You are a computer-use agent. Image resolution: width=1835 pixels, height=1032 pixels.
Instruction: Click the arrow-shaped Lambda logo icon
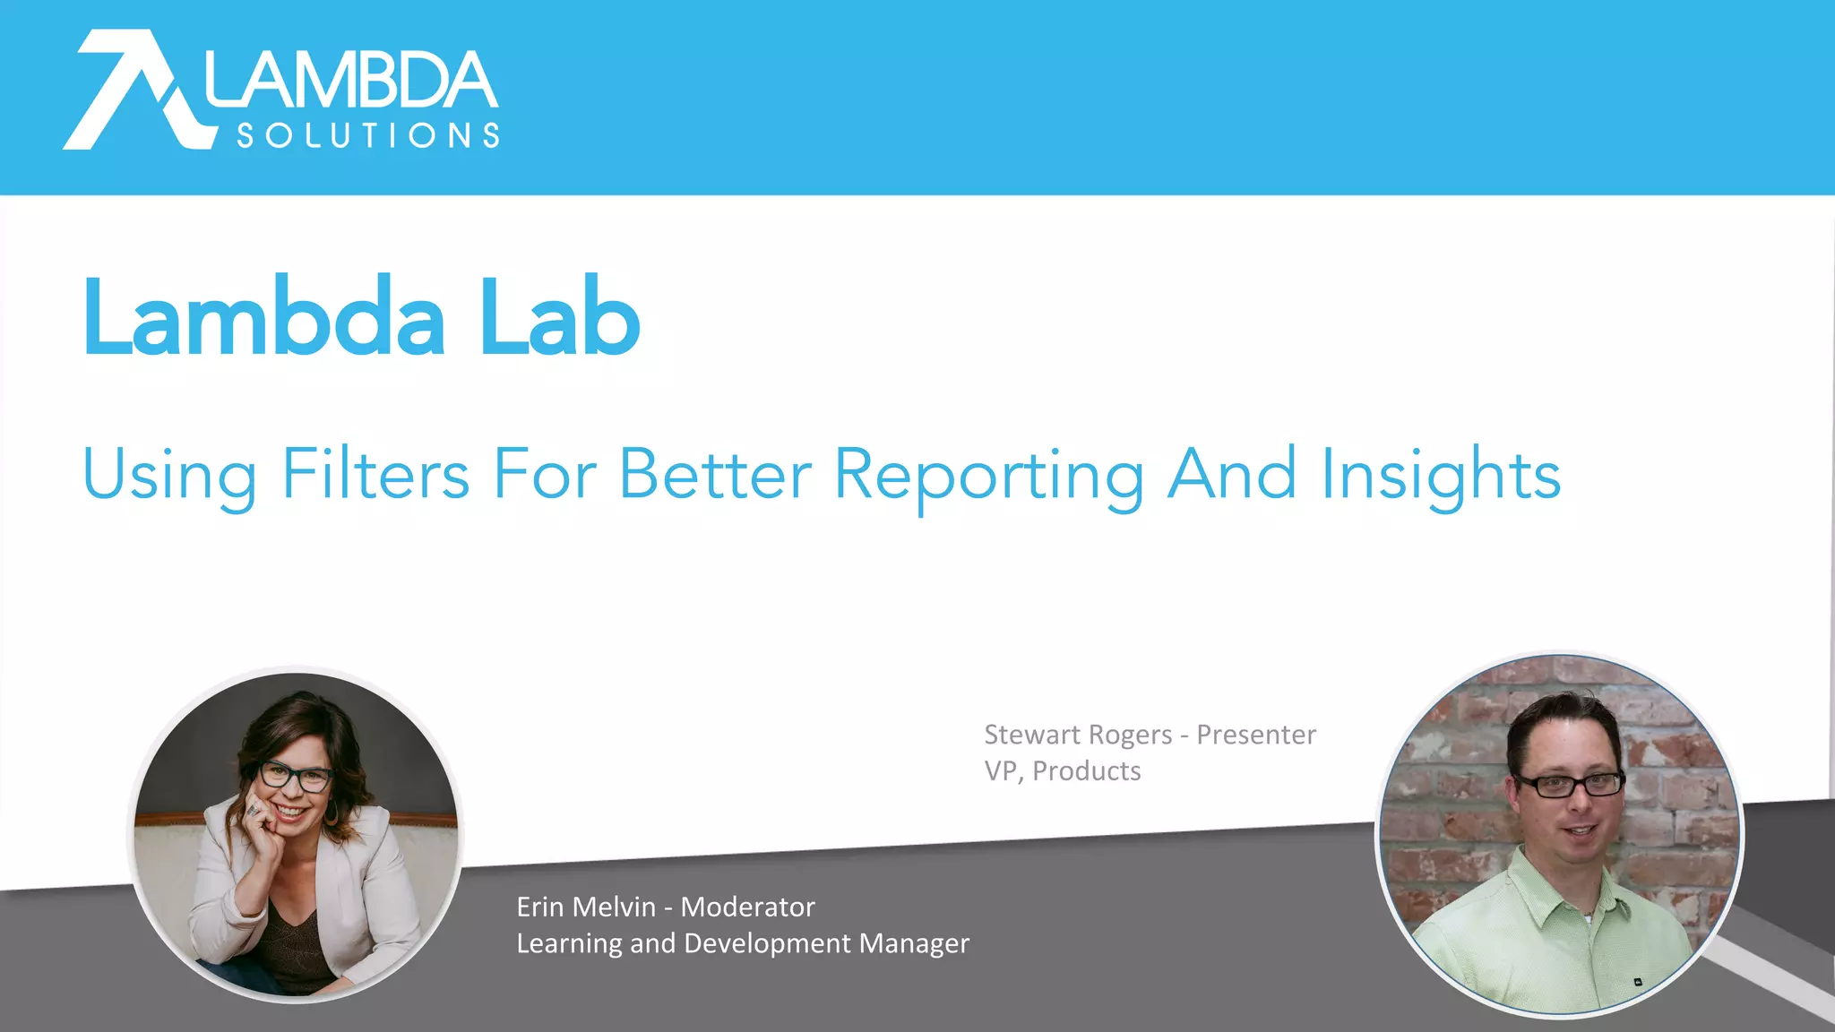point(134,90)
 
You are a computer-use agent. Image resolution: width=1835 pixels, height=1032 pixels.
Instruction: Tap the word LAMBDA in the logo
point(351,81)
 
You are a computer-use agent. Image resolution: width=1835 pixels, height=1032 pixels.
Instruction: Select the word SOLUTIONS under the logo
point(367,135)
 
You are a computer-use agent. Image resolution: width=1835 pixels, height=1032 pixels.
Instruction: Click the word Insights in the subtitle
point(1441,475)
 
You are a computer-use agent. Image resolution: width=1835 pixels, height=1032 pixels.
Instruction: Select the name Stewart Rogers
point(1078,735)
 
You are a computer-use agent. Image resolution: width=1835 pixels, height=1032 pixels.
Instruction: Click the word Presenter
point(1256,735)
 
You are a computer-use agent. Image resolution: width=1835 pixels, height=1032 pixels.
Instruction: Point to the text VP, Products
point(1063,771)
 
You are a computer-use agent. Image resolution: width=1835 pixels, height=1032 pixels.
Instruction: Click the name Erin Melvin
point(586,907)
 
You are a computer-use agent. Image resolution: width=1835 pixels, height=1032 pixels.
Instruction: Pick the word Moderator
point(748,907)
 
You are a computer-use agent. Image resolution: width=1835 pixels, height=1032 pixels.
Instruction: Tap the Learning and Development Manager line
point(743,943)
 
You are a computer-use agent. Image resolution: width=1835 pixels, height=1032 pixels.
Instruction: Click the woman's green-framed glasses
point(296,776)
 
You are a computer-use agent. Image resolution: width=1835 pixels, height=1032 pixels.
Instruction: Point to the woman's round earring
point(332,813)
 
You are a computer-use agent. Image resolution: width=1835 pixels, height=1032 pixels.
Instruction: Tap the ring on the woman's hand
point(254,809)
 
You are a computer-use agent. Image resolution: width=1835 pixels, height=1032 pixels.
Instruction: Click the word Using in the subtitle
point(168,475)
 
